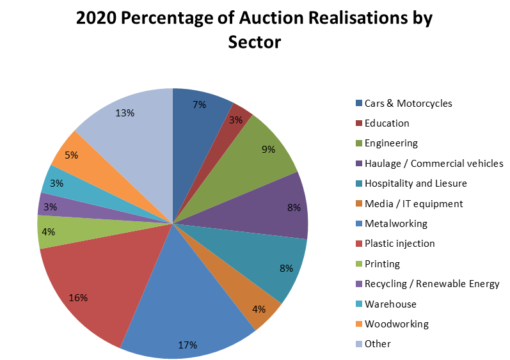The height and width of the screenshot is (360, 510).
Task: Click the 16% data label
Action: (78, 298)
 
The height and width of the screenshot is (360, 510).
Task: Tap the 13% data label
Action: (125, 113)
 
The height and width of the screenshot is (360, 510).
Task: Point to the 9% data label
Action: (268, 150)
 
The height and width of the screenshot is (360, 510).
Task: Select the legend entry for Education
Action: (386, 123)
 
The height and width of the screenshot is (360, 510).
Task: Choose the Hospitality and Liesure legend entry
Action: (415, 184)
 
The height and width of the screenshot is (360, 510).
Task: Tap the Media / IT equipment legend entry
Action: (413, 204)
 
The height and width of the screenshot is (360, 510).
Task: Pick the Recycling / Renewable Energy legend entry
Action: (432, 284)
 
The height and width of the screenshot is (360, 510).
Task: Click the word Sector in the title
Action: (255, 42)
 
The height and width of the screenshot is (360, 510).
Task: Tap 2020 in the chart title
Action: (98, 19)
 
